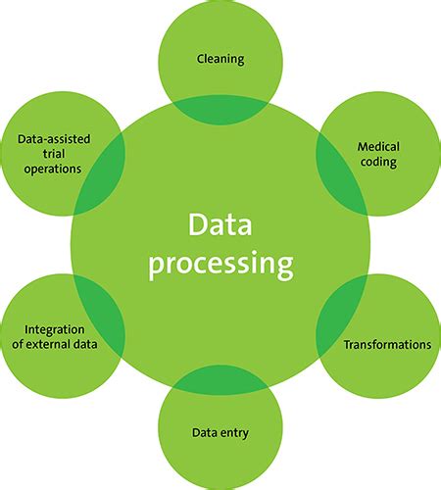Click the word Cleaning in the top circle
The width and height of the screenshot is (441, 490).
point(220,60)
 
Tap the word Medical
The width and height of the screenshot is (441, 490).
point(378,147)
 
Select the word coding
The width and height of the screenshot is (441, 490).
point(378,163)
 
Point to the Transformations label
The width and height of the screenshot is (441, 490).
point(387,345)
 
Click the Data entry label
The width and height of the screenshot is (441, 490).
point(220,433)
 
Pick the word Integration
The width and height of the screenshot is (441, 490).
point(55,330)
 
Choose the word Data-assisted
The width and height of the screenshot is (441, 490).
point(54,139)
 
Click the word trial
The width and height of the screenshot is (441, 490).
point(54,154)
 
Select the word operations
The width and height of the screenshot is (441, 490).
point(53,170)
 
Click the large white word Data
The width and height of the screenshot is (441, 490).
point(220,224)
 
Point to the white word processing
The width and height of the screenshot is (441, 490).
point(220,266)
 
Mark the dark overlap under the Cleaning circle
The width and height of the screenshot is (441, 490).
point(220,110)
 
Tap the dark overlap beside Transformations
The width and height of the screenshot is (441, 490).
point(340,316)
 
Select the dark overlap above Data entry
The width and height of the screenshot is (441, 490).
point(220,380)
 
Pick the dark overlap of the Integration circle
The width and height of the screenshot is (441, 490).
point(101,316)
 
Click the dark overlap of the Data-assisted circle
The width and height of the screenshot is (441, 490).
point(101,174)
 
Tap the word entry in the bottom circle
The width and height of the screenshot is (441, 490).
point(234,434)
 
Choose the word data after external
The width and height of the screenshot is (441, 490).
point(85,344)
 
